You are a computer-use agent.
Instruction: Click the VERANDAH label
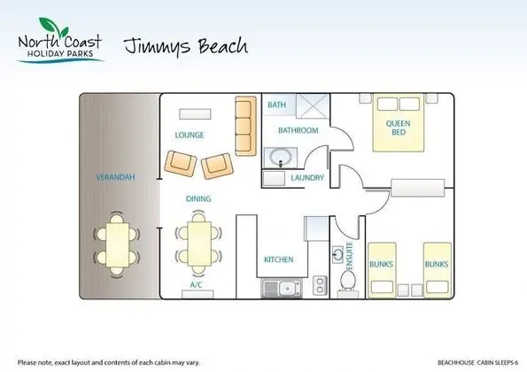click(115, 177)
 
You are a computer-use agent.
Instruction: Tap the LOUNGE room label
click(190, 136)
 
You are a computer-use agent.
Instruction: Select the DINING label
click(198, 198)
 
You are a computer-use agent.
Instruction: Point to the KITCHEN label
click(279, 260)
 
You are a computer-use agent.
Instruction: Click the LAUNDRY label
click(307, 178)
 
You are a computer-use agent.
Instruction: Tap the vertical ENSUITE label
click(350, 256)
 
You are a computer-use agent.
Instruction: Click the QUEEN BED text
click(399, 128)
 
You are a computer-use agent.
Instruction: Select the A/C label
click(197, 285)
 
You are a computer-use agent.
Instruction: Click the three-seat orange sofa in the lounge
click(245, 126)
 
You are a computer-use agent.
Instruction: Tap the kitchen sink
click(282, 289)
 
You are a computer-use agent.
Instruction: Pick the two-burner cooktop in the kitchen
click(320, 285)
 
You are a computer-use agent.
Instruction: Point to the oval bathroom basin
click(281, 157)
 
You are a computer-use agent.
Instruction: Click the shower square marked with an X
click(313, 106)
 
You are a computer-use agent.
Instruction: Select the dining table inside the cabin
click(199, 244)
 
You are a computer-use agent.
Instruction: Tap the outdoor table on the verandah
click(117, 245)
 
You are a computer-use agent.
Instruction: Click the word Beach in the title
click(223, 46)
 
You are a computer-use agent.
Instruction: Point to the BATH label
click(276, 105)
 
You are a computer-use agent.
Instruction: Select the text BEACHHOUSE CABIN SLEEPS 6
click(477, 362)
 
